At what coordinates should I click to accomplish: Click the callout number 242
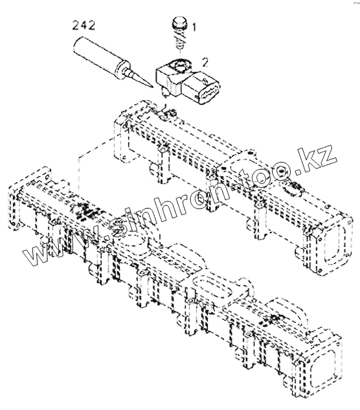tap(84, 26)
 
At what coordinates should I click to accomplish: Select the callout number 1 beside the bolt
tap(194, 27)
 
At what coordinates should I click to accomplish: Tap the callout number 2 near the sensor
tap(205, 63)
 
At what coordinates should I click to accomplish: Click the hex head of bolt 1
tap(179, 22)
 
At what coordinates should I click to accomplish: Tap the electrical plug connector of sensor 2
tap(201, 87)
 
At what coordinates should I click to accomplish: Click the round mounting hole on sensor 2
tap(180, 65)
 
